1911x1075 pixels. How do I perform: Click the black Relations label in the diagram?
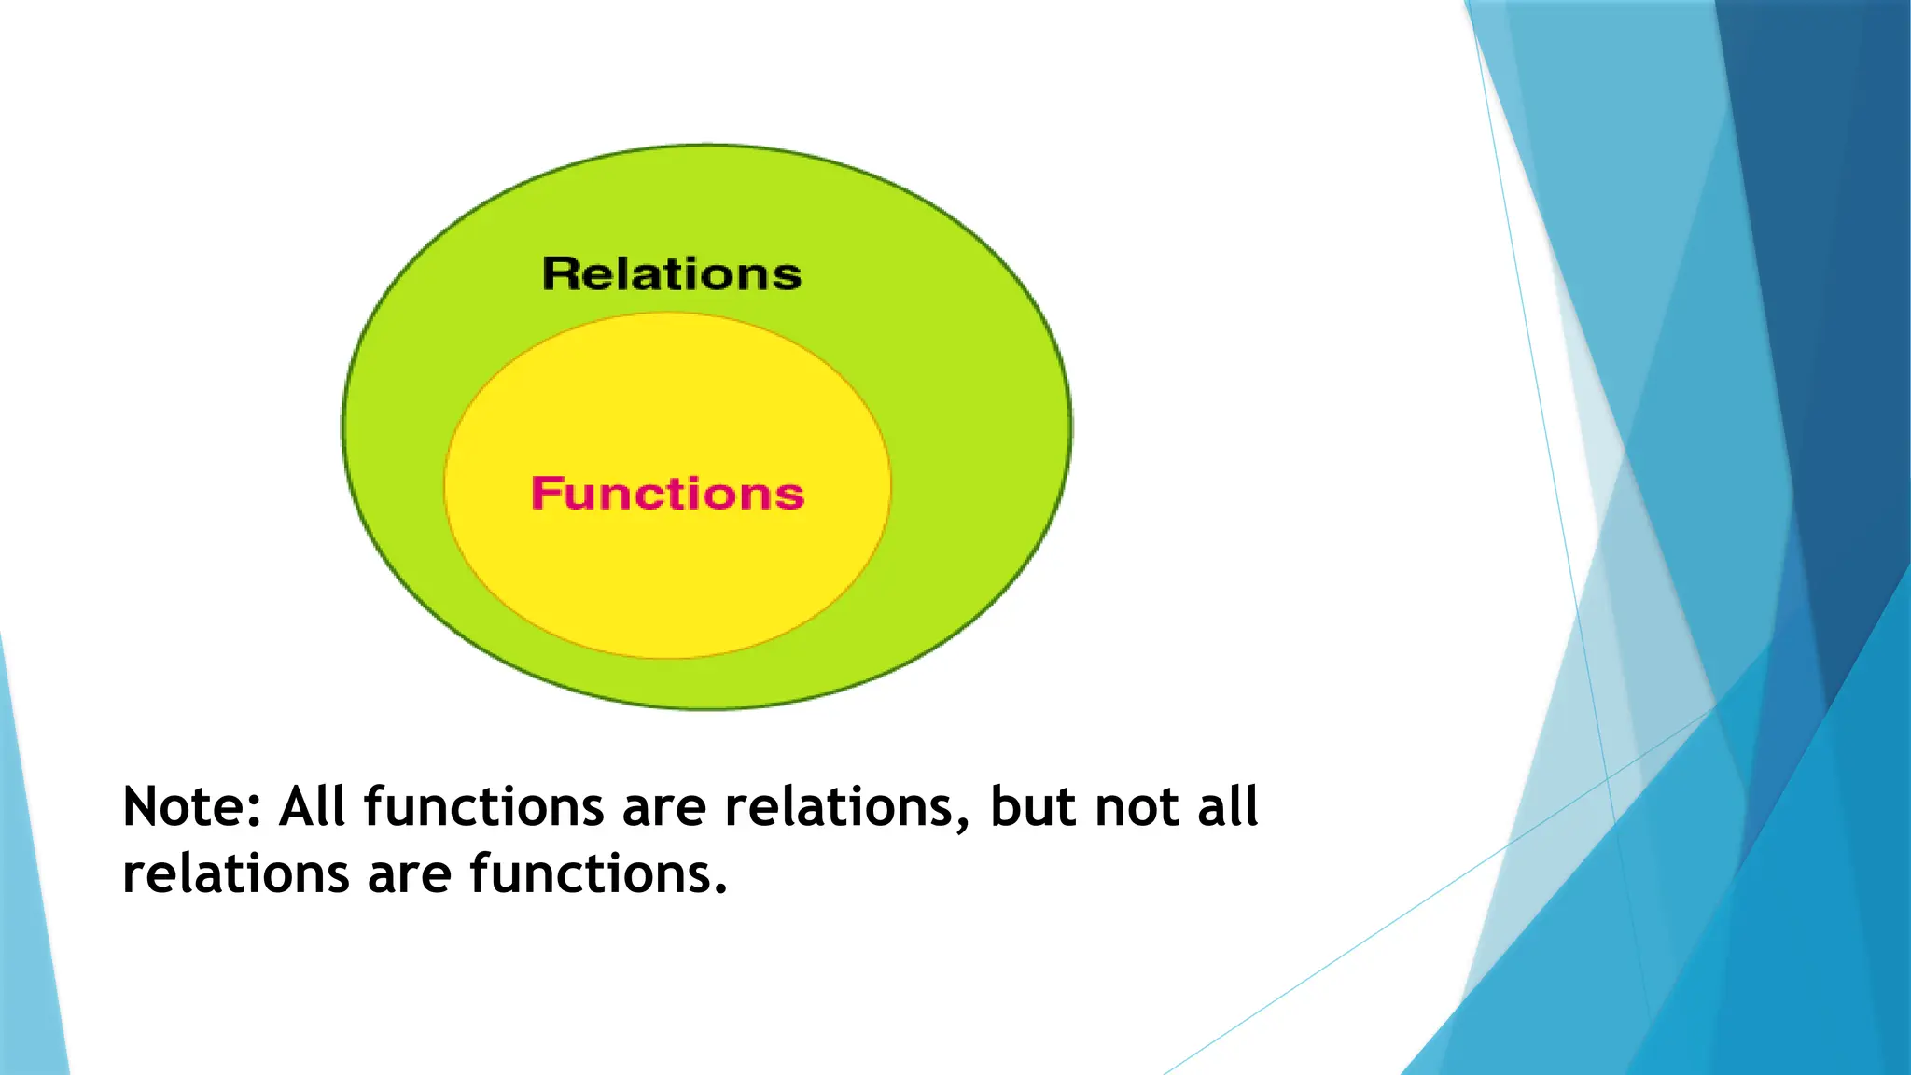coord(672,274)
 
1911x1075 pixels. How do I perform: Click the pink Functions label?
coord(667,494)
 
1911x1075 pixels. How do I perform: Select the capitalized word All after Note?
coord(312,807)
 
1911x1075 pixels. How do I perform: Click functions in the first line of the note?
coord(483,807)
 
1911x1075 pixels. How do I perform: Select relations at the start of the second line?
coord(236,875)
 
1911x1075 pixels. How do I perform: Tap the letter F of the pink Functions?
coord(545,494)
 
